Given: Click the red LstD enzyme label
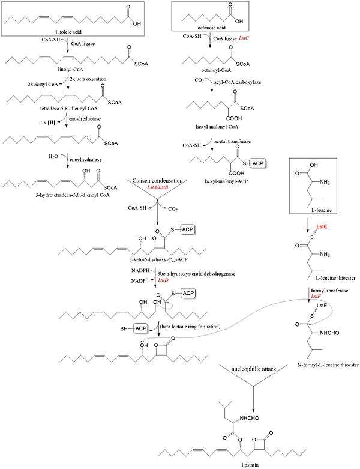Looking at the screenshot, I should (x=163, y=280).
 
